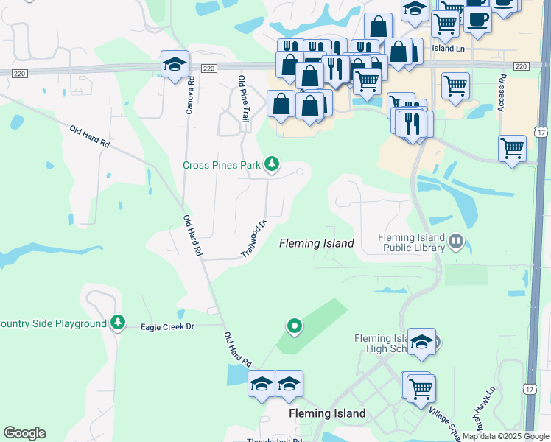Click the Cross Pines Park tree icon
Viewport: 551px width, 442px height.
point(272,164)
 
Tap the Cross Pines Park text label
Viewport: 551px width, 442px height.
point(222,164)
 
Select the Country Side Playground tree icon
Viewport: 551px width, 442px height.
point(117,323)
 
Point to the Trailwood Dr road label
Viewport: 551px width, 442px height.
point(253,238)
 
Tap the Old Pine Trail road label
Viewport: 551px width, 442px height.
point(242,98)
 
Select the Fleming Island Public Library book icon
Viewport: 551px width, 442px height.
point(456,242)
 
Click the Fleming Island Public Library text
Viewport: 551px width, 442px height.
point(411,242)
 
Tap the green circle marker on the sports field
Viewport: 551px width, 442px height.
point(295,326)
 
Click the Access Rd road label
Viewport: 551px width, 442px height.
point(502,93)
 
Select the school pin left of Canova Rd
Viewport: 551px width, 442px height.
point(175,65)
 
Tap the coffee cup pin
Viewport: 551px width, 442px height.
point(477,20)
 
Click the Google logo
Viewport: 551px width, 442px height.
point(24,432)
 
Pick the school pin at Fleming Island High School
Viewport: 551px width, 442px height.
point(421,342)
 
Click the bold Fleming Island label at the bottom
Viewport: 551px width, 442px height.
point(327,413)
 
